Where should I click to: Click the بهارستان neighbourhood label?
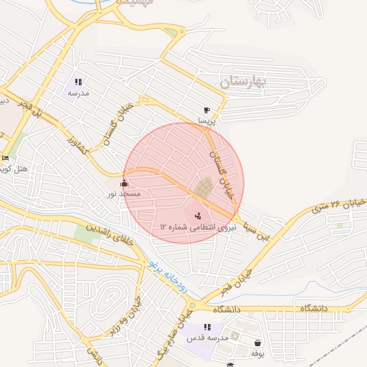click(243, 82)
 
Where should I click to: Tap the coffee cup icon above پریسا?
click(206, 110)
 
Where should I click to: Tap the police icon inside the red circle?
click(198, 214)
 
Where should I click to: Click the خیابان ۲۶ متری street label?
click(339, 206)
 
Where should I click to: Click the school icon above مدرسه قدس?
click(207, 327)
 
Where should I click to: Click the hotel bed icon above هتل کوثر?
click(6, 158)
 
